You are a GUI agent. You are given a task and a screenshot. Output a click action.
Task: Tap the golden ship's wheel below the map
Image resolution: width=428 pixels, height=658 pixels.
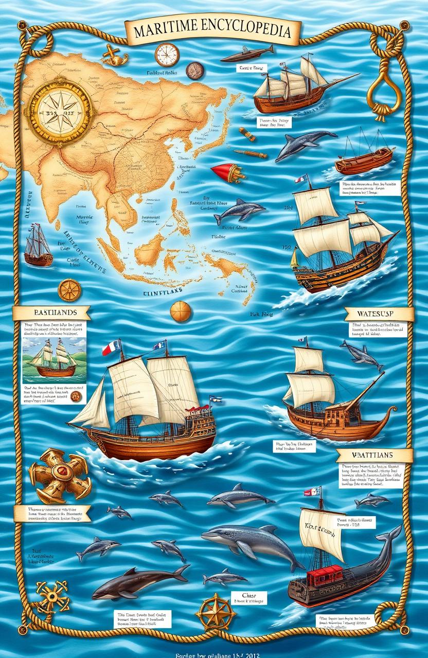pyautogui.click(x=68, y=290)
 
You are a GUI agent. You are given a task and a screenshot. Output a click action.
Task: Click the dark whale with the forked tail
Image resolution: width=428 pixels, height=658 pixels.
pyautogui.click(x=136, y=580)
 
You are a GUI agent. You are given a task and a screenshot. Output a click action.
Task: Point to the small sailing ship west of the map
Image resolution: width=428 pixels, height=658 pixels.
pyautogui.click(x=38, y=246)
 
